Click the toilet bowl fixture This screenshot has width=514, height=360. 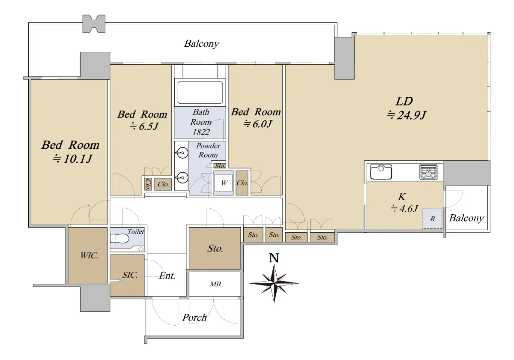tap(120, 239)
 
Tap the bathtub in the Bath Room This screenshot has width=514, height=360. tap(200, 93)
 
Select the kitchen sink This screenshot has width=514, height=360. tap(381, 172)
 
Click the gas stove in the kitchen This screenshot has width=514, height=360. tap(428, 172)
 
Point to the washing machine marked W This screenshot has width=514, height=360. tap(224, 183)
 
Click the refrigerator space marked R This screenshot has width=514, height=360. tap(432, 219)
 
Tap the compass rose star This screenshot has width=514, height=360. tap(274, 283)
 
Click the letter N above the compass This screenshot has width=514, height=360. tap(274, 258)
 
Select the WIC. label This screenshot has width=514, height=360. tap(89, 255)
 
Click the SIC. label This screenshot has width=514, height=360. tap(130, 275)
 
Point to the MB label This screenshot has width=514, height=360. tap(215, 284)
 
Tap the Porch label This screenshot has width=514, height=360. tap(194, 318)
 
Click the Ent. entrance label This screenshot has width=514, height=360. tap(167, 276)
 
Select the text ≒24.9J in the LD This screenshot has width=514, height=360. tap(406, 115)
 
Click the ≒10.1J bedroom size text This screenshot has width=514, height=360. tap(72, 159)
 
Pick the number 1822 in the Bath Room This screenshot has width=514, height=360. tap(201, 132)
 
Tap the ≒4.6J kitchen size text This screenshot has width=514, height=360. tap(404, 208)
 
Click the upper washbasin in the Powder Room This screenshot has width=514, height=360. tap(182, 153)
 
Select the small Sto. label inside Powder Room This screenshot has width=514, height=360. tap(220, 166)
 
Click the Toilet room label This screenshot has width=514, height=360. tap(136, 231)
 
